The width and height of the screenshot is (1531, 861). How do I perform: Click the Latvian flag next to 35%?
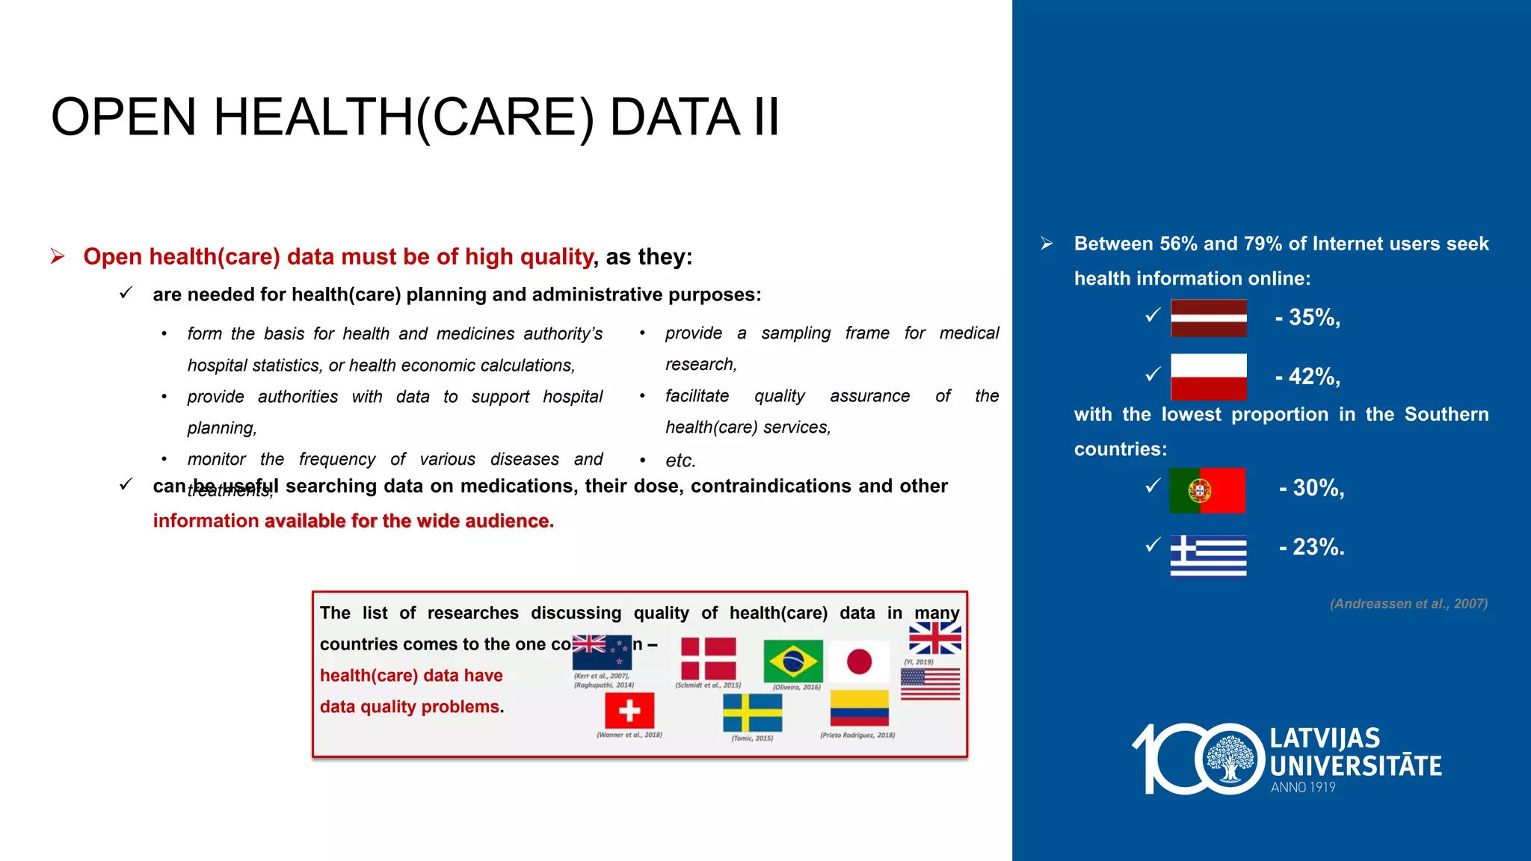point(1208,318)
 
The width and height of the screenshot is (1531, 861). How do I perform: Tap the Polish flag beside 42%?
point(1208,377)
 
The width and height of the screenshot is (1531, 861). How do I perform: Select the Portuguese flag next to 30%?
point(1207,490)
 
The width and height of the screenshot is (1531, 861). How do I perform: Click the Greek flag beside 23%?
point(1208,555)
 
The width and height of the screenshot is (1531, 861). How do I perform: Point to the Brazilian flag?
point(792,661)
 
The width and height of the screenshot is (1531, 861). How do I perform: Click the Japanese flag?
point(859,661)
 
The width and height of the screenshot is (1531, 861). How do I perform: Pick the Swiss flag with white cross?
point(629,710)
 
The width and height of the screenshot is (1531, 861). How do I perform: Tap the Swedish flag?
point(752,712)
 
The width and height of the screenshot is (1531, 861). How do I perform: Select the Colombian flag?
point(859,708)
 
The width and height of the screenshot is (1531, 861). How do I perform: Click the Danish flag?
point(708,658)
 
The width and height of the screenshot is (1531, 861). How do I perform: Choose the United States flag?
point(930,684)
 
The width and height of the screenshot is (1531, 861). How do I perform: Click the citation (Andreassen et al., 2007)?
point(1408,604)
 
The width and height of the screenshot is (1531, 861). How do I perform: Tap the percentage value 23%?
point(1317,547)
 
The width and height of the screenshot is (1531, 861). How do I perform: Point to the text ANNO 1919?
point(1303,787)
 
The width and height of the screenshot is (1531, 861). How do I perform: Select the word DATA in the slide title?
point(674,117)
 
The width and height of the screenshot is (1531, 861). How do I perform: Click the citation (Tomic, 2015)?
point(752,738)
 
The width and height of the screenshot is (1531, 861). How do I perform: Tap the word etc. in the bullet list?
point(680,460)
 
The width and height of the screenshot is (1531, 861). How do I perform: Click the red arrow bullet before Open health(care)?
point(58,256)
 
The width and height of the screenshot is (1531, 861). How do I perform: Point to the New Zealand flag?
point(602,652)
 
